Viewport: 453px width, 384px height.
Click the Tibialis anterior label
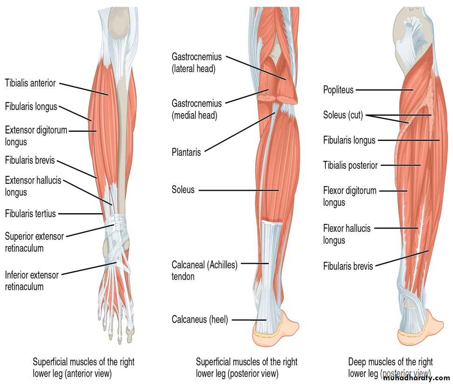click(x=30, y=84)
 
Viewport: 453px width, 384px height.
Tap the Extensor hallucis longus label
click(x=33, y=186)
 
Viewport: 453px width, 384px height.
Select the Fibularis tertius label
click(x=30, y=214)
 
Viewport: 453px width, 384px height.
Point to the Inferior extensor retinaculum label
click(x=32, y=281)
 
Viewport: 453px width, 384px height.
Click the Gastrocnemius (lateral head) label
click(x=196, y=63)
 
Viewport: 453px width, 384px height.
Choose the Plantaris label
click(x=186, y=152)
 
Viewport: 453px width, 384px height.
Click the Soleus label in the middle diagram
click(x=183, y=190)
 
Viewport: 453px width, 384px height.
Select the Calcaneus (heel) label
click(x=199, y=320)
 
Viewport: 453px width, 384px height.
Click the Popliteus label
click(x=338, y=90)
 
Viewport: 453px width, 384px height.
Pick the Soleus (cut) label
click(x=343, y=115)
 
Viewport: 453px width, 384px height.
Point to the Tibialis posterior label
click(x=350, y=165)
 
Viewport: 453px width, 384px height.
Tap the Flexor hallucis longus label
click(x=347, y=234)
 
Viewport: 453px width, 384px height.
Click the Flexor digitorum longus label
click(x=350, y=196)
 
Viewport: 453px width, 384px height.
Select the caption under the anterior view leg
click(x=83, y=367)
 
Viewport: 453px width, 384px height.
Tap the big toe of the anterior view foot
click(x=130, y=331)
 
